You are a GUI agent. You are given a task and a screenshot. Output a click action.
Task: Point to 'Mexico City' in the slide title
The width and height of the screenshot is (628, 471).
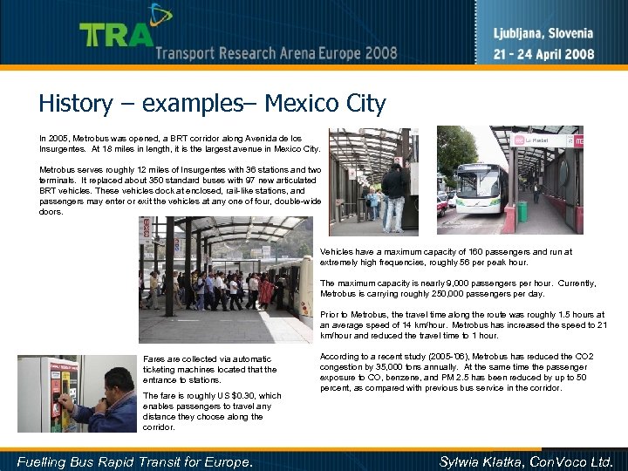324,104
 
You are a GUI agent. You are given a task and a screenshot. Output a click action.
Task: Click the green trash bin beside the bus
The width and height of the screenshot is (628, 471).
522,211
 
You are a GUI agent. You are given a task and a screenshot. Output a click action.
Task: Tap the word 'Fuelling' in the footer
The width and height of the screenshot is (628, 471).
44,460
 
